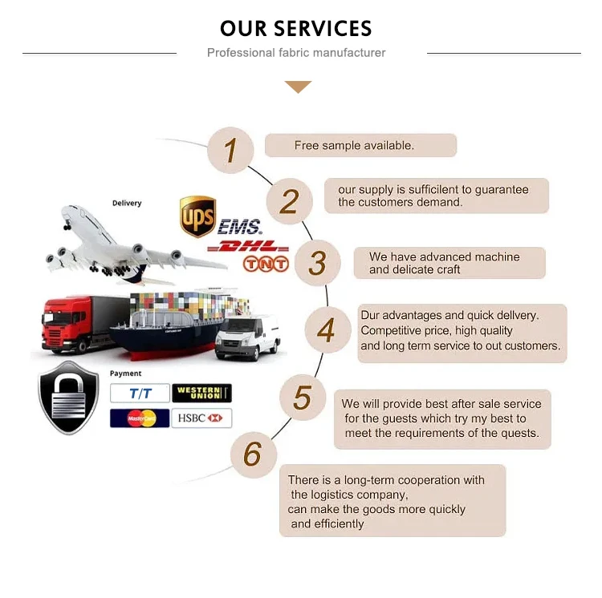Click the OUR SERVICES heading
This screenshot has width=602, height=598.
tap(296, 29)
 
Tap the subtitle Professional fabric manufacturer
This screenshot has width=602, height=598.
tap(296, 53)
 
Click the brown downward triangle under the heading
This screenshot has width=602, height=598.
tap(298, 87)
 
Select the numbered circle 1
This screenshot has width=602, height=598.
tap(231, 150)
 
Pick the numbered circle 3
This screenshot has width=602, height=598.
tap(318, 263)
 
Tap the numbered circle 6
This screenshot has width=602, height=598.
tap(253, 454)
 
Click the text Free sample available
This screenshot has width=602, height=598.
tap(354, 145)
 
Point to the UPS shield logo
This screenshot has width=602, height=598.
tap(197, 216)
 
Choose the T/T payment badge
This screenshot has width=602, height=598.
tap(140, 393)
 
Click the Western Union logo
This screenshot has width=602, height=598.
tap(201, 393)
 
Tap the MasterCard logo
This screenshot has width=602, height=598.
tap(140, 418)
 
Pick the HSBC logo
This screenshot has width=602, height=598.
tap(201, 418)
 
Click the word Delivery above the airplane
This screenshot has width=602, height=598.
tap(127, 203)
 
